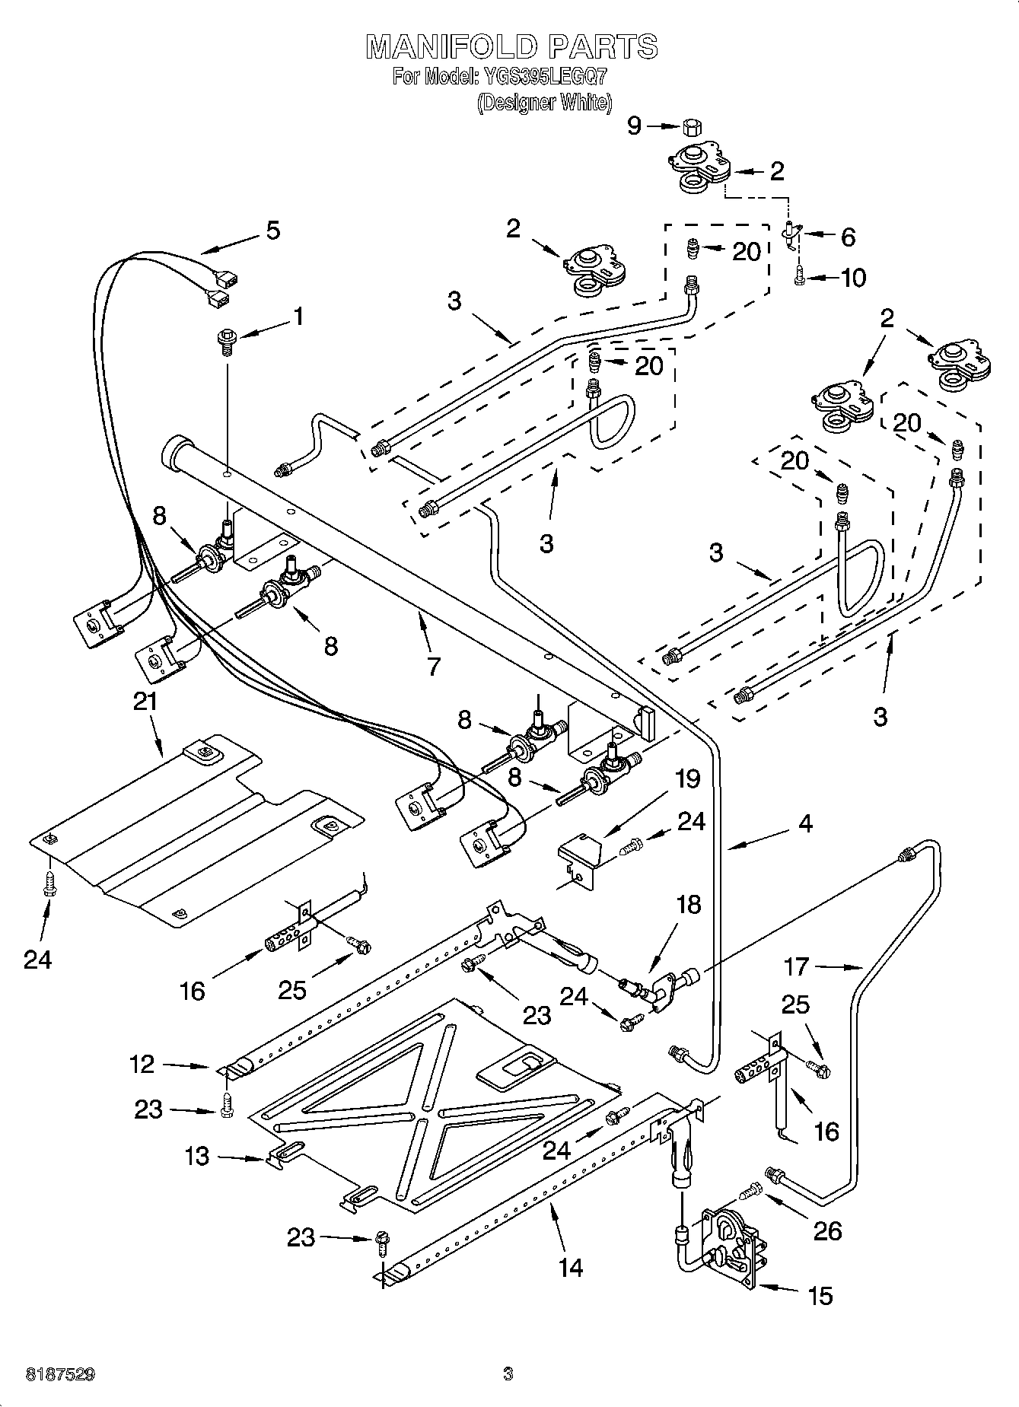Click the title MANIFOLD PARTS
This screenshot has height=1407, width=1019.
(511, 47)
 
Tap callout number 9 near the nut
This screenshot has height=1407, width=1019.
(635, 126)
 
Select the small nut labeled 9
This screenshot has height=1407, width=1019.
(691, 126)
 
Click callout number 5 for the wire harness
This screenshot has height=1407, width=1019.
(273, 229)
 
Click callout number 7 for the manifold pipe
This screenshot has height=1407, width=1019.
(433, 667)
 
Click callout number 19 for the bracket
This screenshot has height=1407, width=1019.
(687, 778)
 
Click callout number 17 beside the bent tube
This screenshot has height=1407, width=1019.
(796, 967)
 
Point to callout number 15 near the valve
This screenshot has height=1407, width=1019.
(820, 1295)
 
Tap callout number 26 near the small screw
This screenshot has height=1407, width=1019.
(827, 1231)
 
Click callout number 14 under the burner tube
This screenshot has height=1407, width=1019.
(570, 1267)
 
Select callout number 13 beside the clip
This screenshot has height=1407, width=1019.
(197, 1157)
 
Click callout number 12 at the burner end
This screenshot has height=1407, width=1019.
(142, 1064)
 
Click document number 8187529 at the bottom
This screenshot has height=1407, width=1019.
(61, 1374)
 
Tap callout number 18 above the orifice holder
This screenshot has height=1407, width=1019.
(688, 905)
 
